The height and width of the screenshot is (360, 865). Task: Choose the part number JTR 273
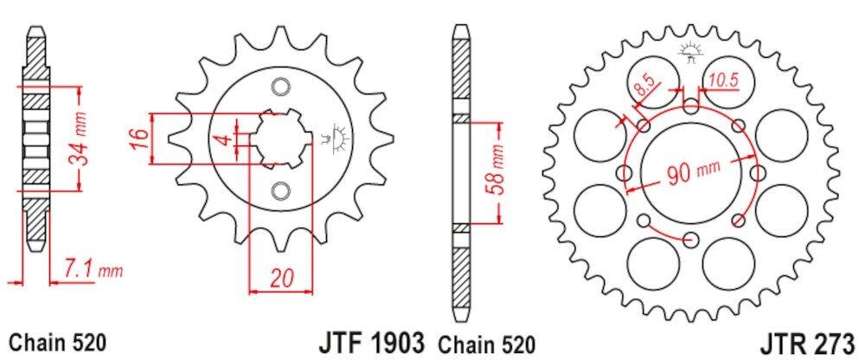pos(811,340)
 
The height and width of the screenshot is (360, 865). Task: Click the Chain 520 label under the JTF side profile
pos(58,340)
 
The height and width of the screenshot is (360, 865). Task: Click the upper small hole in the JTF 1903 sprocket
pos(279,86)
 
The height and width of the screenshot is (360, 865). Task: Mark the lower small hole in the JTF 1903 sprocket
pos(279,190)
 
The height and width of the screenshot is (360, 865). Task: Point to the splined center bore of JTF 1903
pos(279,138)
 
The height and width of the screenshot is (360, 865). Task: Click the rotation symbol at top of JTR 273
pos(689,52)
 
